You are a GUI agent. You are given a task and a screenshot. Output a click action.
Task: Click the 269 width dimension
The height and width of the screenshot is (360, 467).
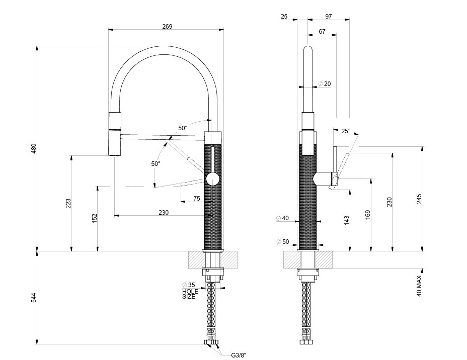168,27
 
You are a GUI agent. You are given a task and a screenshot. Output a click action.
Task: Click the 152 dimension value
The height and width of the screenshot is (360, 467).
95,217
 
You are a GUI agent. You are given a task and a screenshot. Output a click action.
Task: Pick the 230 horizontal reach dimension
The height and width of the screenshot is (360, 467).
164,213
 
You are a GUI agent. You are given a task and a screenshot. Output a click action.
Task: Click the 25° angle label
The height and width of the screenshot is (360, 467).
346,131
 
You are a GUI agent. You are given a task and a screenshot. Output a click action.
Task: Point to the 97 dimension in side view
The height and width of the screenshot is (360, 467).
329,17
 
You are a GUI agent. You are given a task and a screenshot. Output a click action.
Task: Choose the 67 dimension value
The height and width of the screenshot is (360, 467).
322,32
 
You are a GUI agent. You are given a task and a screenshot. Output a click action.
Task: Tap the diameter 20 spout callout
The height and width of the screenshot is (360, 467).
325,84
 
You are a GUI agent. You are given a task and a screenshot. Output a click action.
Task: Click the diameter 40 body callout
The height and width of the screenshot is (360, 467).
283,218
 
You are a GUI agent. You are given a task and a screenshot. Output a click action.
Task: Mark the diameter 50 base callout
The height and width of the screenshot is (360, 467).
283,242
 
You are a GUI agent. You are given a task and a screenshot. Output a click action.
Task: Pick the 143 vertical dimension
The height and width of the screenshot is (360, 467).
347,220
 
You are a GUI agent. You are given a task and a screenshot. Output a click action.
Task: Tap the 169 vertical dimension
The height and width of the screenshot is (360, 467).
368,214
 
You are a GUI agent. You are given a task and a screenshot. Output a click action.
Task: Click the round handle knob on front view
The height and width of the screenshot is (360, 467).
213,178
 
